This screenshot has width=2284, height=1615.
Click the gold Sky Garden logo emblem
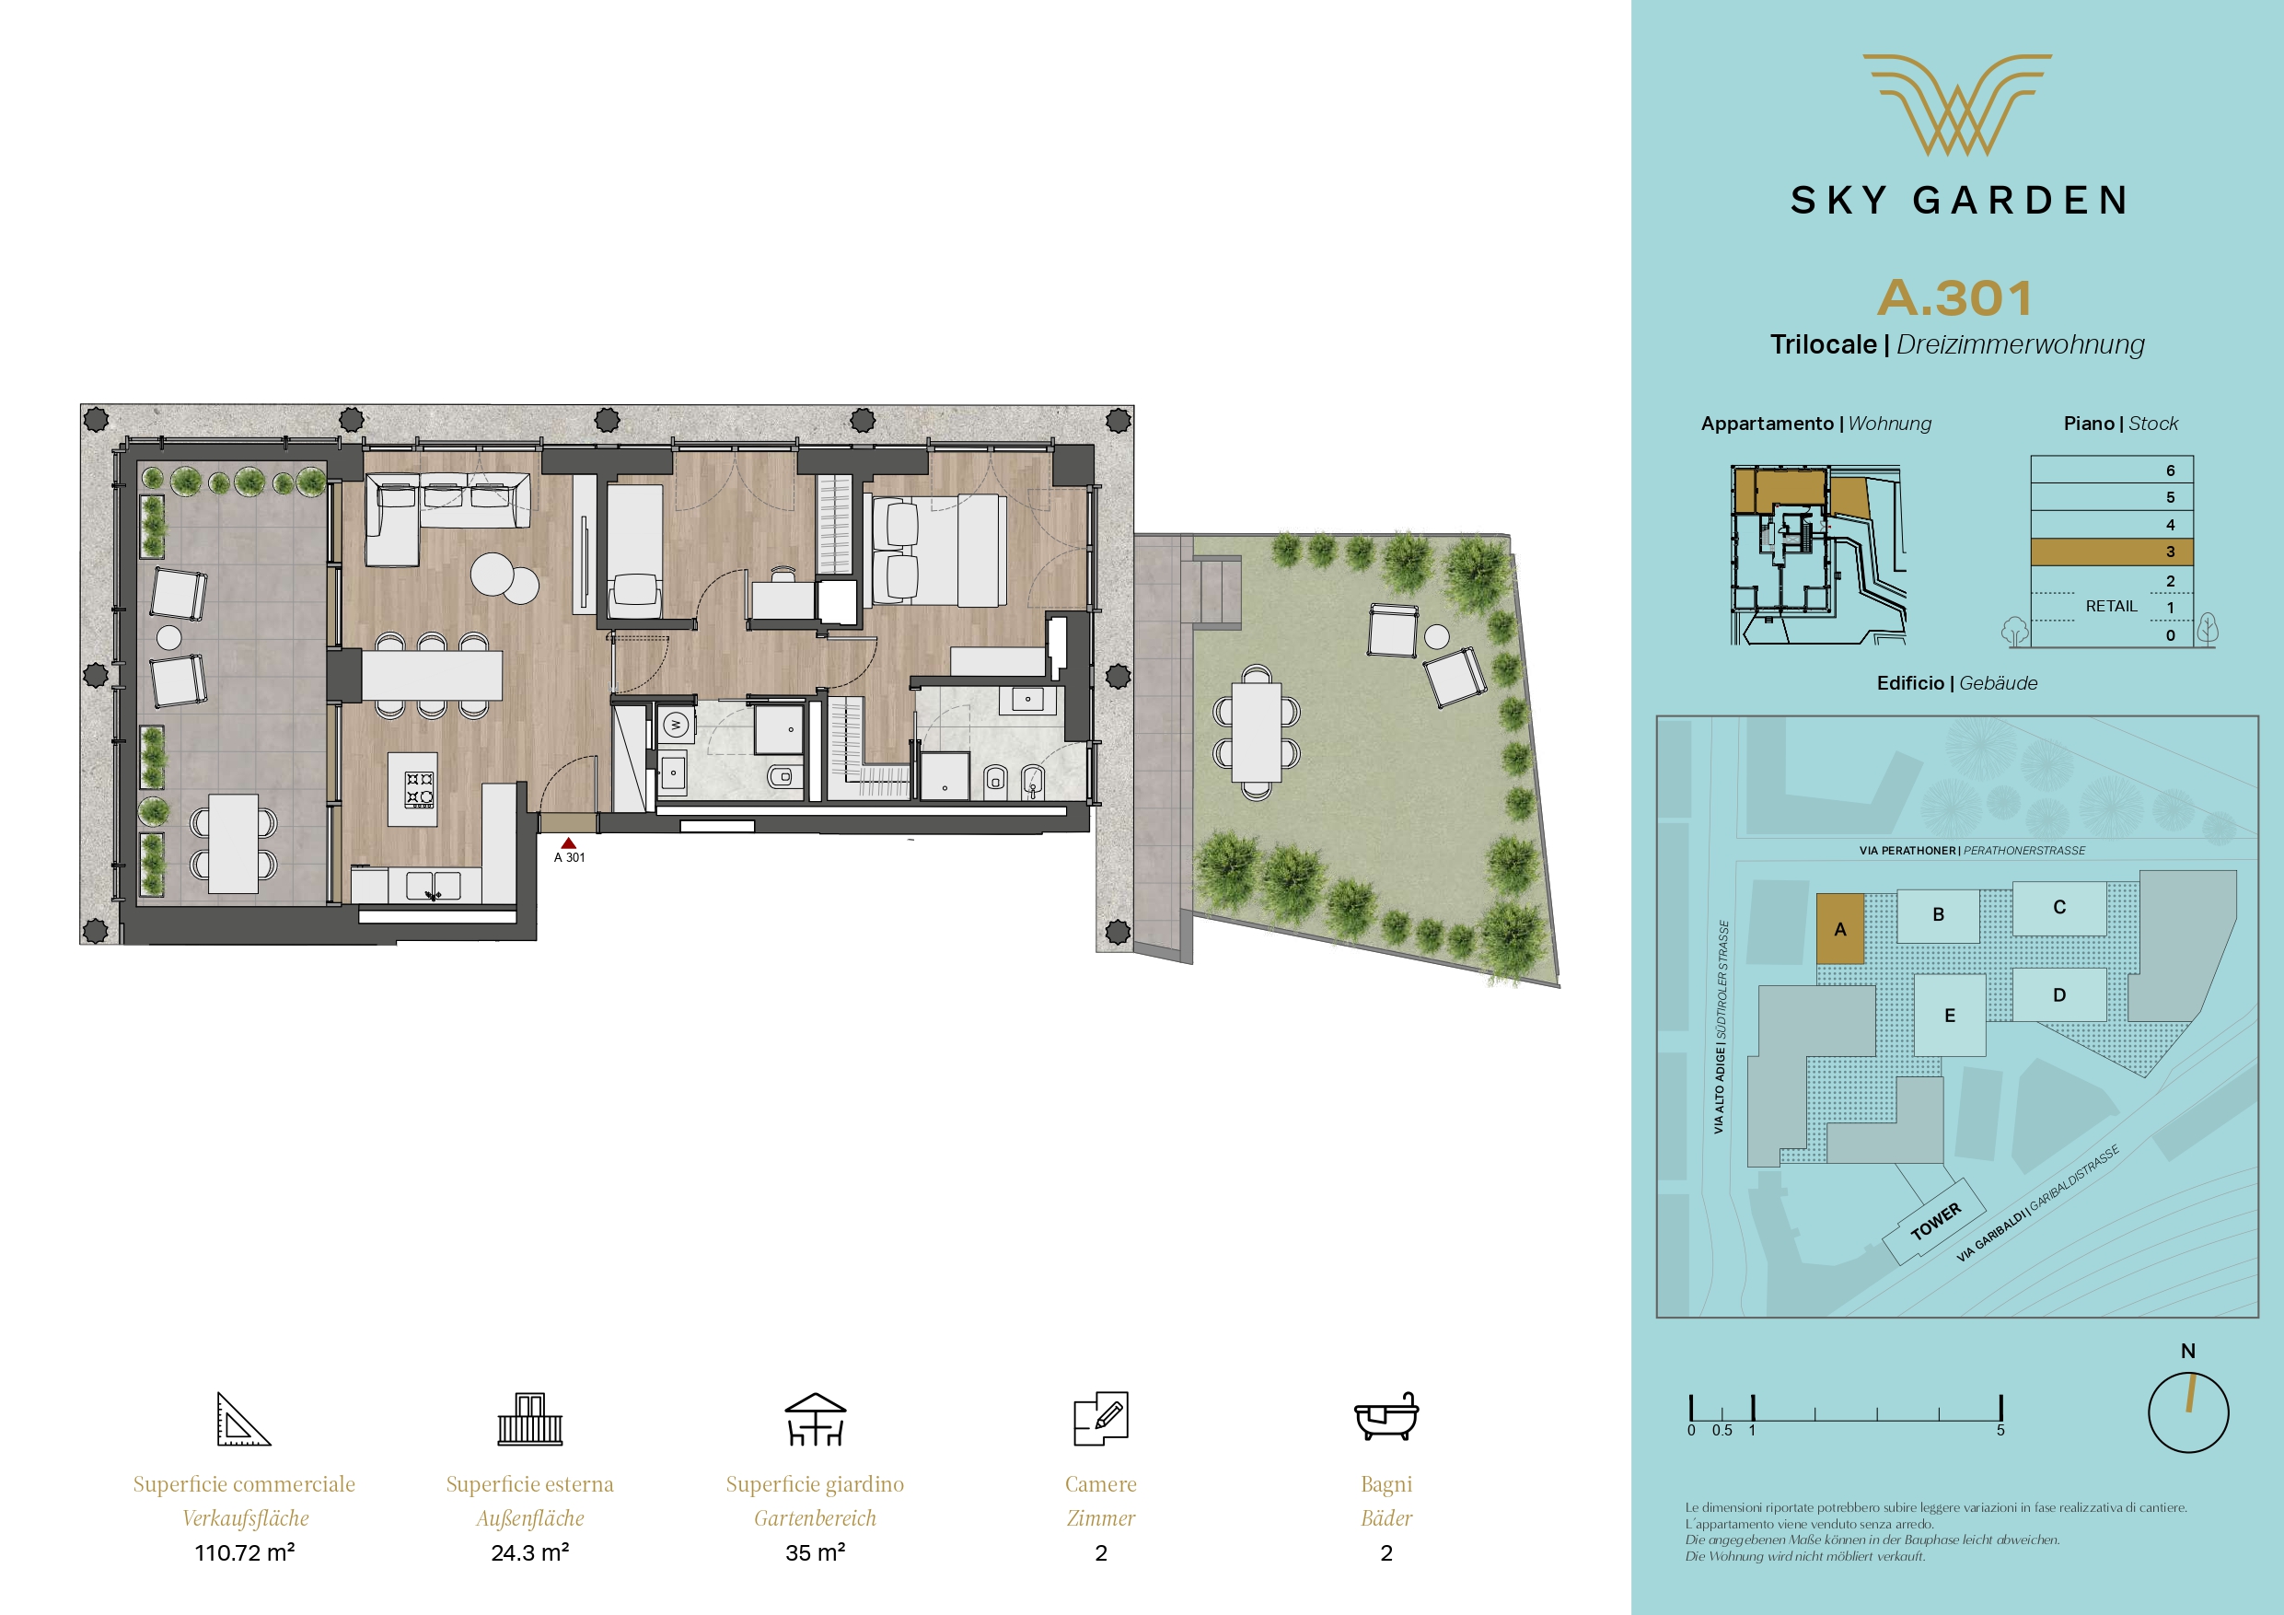click(1956, 104)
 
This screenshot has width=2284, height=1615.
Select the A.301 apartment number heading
click(1954, 297)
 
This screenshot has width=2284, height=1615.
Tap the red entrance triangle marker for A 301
click(569, 842)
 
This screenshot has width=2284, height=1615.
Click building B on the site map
click(1938, 914)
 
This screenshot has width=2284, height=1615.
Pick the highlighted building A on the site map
click(1840, 928)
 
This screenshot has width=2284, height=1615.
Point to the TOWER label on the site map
click(1935, 1221)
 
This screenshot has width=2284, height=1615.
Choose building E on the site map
click(1950, 1015)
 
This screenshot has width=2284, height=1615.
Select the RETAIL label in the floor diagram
click(2111, 606)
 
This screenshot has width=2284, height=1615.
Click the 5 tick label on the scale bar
click(2000, 1431)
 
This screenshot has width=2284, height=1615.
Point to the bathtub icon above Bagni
click(1386, 1416)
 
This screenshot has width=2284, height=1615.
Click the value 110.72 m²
click(245, 1552)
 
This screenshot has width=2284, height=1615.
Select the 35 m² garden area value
click(816, 1552)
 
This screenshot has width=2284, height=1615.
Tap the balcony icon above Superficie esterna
click(530, 1418)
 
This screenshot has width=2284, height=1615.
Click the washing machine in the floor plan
click(676, 725)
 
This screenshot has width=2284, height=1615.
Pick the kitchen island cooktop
click(420, 790)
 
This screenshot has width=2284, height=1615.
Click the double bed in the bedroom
click(938, 551)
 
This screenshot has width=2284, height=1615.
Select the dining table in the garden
click(1257, 733)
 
